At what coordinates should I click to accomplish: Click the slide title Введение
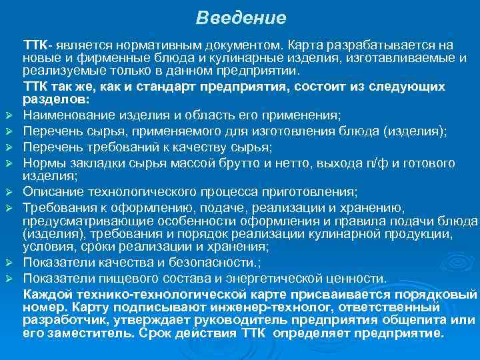point(241,17)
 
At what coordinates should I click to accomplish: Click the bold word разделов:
point(55,99)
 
